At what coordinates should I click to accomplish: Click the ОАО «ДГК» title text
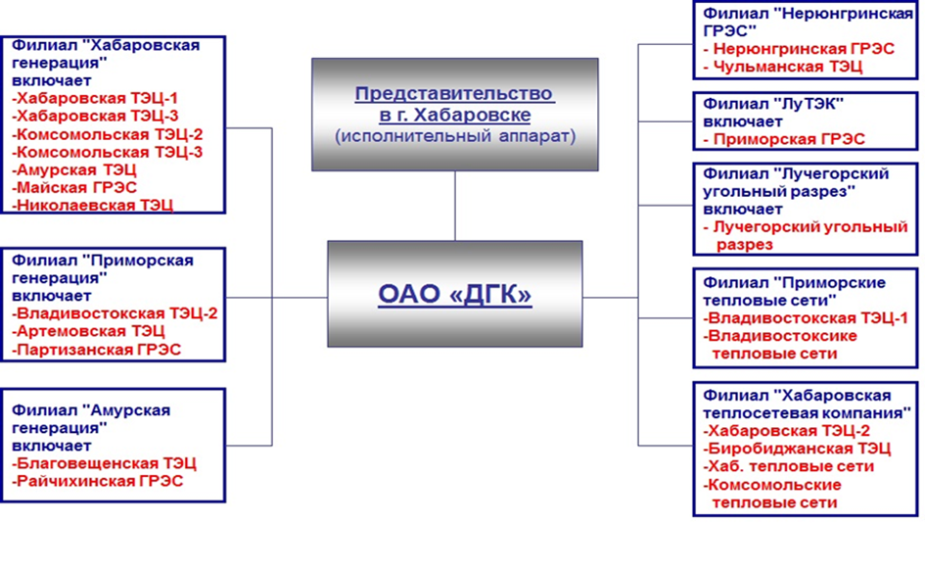coord(454,294)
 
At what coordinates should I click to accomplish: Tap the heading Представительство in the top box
coord(454,94)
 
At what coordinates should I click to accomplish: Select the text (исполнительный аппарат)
coord(454,136)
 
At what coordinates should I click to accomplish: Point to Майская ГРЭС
coord(74,187)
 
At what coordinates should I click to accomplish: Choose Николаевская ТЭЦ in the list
coord(93,205)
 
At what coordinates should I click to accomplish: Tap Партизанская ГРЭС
coord(97,349)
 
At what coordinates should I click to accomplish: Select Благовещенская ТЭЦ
coord(105,463)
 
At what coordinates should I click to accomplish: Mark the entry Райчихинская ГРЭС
coord(99,481)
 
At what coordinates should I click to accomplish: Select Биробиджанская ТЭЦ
coord(798,449)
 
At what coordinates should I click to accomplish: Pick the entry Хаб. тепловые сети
coord(789,466)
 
